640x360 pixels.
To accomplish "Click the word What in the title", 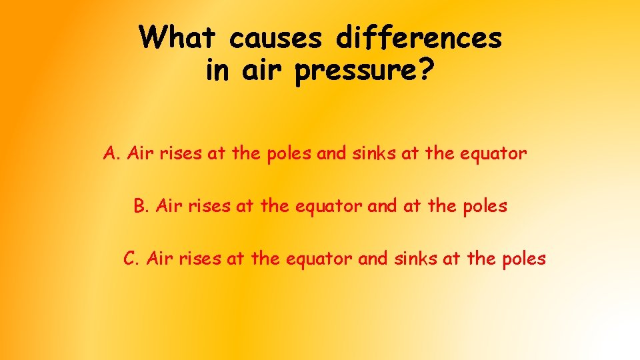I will coord(179,37).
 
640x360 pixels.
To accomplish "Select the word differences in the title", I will coord(419,37).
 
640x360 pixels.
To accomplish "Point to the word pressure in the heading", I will coord(356,71).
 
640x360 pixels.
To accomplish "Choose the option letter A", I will coord(111,154).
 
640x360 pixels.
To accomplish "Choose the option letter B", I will coord(141,206).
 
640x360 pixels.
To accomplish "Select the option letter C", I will coord(131,258).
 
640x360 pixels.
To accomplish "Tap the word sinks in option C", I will coord(407,258).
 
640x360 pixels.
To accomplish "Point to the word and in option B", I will coord(382,206).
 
